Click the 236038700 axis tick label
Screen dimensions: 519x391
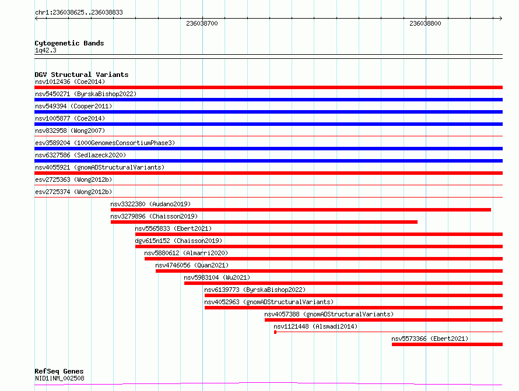(x=202, y=23)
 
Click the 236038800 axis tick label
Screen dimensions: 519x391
(x=425, y=23)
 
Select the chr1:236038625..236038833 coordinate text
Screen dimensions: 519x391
(x=79, y=13)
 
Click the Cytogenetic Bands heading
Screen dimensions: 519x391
(x=69, y=43)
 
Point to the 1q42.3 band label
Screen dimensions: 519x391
(x=45, y=50)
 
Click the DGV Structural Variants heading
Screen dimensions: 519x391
(x=82, y=75)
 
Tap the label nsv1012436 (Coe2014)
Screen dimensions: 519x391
(x=70, y=82)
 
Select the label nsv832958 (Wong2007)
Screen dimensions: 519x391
(x=70, y=131)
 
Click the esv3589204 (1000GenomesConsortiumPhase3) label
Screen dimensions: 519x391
(x=105, y=143)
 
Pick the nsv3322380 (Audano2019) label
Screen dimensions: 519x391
(x=150, y=204)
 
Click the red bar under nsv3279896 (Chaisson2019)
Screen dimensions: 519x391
(x=264, y=222)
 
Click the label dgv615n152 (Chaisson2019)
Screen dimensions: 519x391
(x=179, y=241)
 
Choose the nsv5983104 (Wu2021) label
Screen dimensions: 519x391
(x=217, y=277)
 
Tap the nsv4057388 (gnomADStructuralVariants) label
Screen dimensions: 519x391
(x=329, y=314)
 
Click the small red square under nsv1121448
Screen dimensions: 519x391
(x=275, y=332)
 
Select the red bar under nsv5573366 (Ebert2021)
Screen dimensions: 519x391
(x=447, y=344)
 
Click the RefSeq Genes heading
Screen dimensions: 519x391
(x=59, y=371)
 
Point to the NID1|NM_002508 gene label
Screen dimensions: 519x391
(x=59, y=378)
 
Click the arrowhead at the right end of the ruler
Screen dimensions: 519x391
(x=501, y=18)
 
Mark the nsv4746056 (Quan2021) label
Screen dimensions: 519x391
(x=192, y=265)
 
